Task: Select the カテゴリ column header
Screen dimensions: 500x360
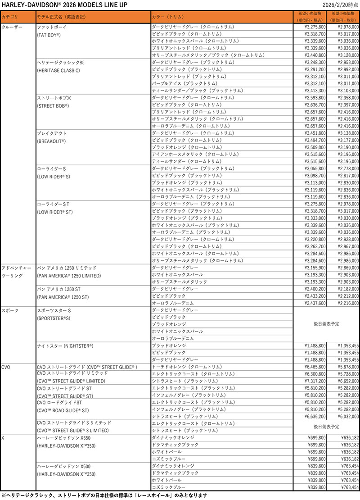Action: [x=10, y=17]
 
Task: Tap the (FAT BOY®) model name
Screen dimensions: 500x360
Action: [x=49, y=34]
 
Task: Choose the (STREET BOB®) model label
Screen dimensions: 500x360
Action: [x=53, y=105]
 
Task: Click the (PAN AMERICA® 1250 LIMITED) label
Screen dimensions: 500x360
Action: [x=68, y=275]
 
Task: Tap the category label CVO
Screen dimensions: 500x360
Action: [x=6, y=367]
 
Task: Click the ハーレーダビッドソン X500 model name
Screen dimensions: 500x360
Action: [x=66, y=466]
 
